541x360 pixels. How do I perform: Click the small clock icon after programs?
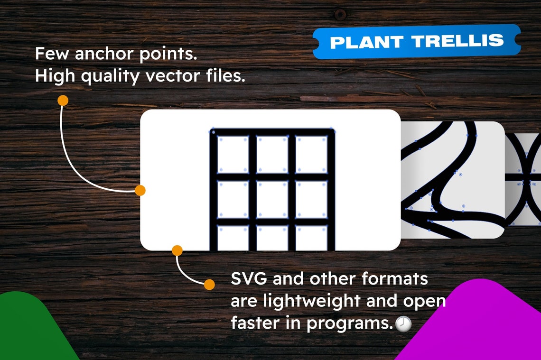point(403,324)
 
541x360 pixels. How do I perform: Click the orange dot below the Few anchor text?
point(63,101)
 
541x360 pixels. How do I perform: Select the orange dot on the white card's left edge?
point(140,190)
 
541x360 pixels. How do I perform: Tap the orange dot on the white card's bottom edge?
point(177,250)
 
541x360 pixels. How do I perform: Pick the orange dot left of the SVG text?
point(209,284)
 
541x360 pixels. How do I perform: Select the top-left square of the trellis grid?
point(233,154)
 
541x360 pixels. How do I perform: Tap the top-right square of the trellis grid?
point(311,154)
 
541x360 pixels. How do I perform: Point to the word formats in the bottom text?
point(395,279)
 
